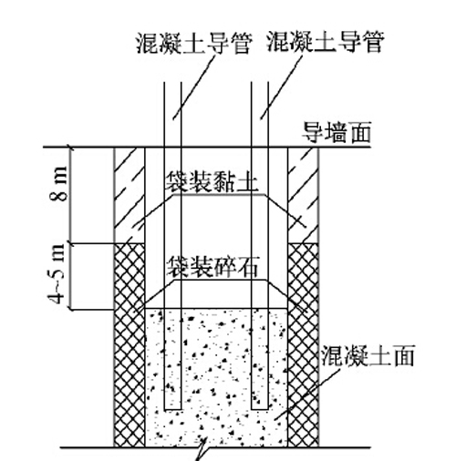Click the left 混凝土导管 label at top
tap(194, 44)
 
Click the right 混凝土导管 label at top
tap(326, 42)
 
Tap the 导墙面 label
tap(337, 132)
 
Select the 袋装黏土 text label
tap(212, 181)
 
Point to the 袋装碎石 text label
tap(212, 267)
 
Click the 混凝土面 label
tap(368, 355)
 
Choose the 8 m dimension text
tap(57, 184)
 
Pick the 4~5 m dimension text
tap(57, 274)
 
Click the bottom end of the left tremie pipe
tap(172, 409)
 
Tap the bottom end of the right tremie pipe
tap(260, 409)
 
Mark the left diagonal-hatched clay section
tap(130, 195)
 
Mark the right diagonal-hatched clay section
tap(303, 195)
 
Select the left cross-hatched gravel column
tap(130, 345)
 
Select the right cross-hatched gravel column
tap(303, 345)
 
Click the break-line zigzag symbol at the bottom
tap(202, 450)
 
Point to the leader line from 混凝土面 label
tap(307, 394)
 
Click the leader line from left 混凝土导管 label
tap(194, 87)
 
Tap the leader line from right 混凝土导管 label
tap(282, 87)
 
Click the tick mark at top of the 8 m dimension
tap(71, 148)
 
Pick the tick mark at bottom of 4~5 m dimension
tap(71, 310)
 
